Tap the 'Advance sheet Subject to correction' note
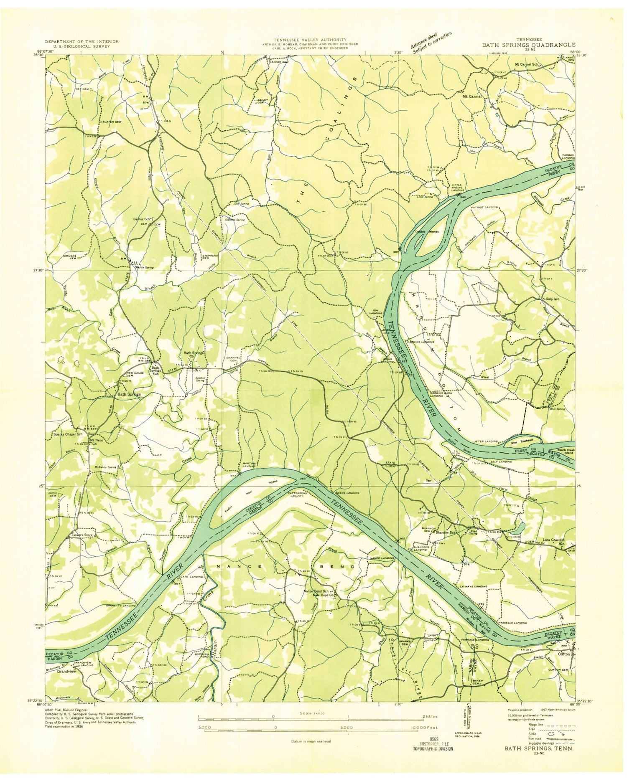pyautogui.click(x=431, y=42)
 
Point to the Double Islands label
pyautogui.click(x=426, y=232)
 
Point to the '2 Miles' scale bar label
pyautogui.click(x=431, y=716)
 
